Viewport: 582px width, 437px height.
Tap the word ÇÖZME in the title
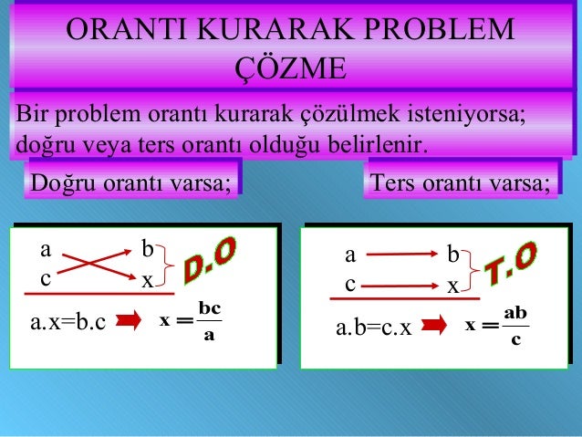click(x=290, y=68)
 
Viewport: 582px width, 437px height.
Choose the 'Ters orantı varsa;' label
click(x=459, y=183)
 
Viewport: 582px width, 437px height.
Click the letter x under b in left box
click(x=146, y=282)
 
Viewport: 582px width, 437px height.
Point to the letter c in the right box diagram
click(x=350, y=284)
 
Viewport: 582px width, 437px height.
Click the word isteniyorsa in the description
click(x=477, y=116)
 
